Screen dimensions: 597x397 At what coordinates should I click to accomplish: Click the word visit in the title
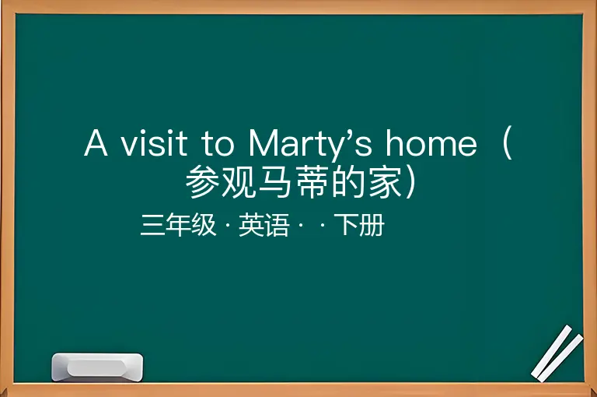pyautogui.click(x=154, y=143)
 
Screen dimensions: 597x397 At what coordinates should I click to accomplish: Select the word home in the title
pyautogui.click(x=431, y=142)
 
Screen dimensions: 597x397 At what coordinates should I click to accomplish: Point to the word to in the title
pyautogui.click(x=218, y=144)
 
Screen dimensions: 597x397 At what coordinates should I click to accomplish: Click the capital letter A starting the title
pyautogui.click(x=96, y=142)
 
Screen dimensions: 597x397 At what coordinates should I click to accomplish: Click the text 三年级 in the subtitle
pyautogui.click(x=178, y=225)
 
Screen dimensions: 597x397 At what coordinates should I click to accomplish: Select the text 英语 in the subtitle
pyautogui.click(x=264, y=225)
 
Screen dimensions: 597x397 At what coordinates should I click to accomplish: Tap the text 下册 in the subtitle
pyautogui.click(x=359, y=225)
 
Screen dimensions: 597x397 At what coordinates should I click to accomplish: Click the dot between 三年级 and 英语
pyautogui.click(x=228, y=225)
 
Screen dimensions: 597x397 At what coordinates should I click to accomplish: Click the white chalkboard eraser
pyautogui.click(x=97, y=367)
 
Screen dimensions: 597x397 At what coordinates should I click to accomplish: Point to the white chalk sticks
pyautogui.click(x=557, y=353)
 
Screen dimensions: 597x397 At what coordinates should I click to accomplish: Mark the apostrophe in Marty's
pyautogui.click(x=349, y=134)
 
